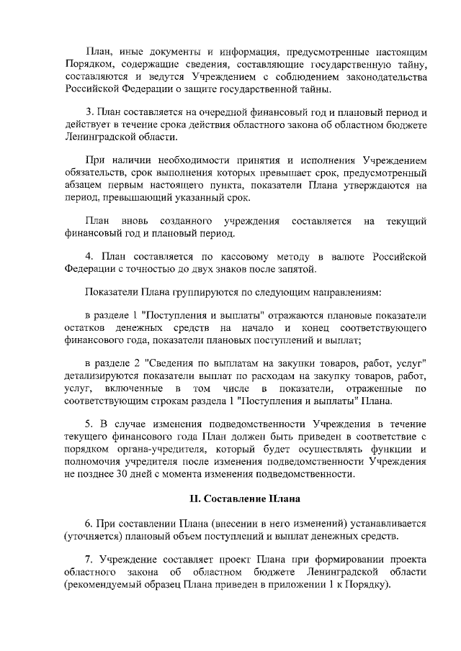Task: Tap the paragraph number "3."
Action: click(x=90, y=112)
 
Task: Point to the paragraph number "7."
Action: click(x=90, y=559)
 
